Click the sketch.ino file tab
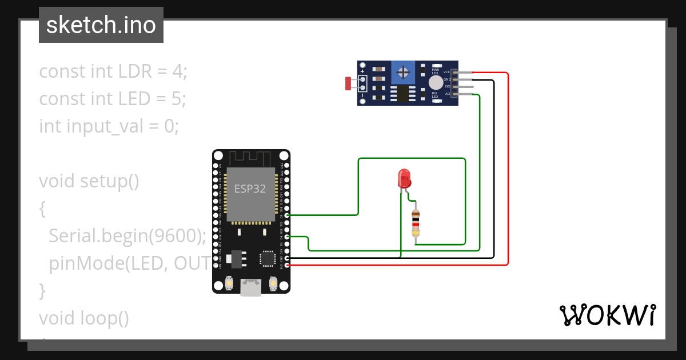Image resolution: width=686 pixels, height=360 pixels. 101,25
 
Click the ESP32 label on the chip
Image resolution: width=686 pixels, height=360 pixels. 250,189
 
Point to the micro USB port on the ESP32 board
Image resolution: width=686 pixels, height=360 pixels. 249,287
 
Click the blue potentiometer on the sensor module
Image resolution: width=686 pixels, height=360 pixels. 404,73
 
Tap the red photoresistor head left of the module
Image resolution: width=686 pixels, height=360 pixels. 348,83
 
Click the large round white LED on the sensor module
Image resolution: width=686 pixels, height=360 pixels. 436,83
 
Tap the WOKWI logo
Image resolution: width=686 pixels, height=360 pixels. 607,315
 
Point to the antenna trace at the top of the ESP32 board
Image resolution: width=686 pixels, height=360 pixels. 250,157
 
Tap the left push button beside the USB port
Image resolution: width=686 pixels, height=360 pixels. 229,283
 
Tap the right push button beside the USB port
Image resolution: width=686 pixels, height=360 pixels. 273,283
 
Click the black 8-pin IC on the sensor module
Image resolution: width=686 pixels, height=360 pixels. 404,94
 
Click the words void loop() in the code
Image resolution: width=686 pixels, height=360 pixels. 84,318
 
